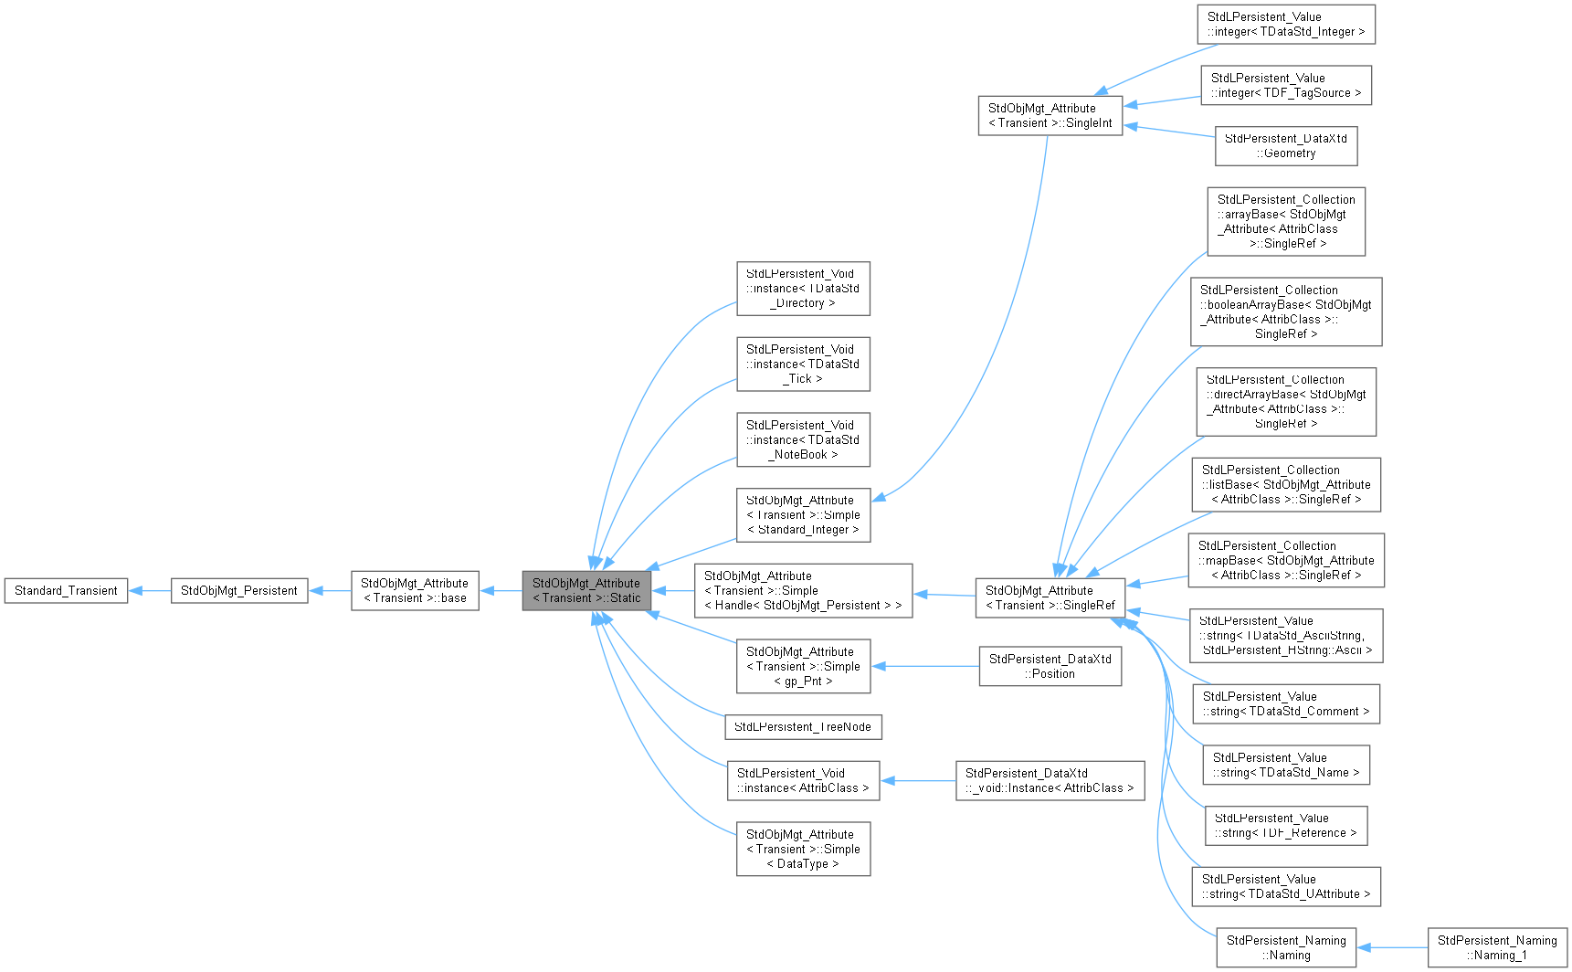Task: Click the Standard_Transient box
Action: (66, 591)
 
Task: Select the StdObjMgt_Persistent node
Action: (238, 591)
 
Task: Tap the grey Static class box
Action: (586, 591)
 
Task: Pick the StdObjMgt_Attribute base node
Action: (415, 591)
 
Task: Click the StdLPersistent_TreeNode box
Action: (803, 727)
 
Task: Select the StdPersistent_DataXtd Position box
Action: (1050, 667)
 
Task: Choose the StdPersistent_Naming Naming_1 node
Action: (1497, 948)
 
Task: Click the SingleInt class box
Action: (1050, 116)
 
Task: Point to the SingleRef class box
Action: (1050, 598)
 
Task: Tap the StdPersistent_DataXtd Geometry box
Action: (1285, 146)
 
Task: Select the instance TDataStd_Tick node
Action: (803, 364)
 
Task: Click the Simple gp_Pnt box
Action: (803, 667)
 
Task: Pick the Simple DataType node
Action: (803, 850)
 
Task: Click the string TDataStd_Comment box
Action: (1285, 704)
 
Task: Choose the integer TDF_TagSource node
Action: (1285, 86)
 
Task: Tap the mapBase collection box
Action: (1285, 561)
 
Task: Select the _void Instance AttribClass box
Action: (1050, 781)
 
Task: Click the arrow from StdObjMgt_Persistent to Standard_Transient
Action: (150, 591)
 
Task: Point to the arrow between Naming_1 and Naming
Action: (1392, 948)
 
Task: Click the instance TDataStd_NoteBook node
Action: (803, 440)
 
